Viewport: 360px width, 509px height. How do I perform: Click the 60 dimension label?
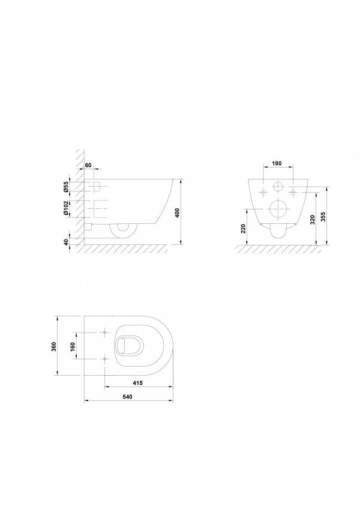[88, 165]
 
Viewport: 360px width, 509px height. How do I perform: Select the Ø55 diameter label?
[66, 187]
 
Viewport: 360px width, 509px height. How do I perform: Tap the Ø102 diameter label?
[66, 208]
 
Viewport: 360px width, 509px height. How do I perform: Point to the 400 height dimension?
[177, 212]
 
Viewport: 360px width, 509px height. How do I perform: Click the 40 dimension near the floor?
[66, 242]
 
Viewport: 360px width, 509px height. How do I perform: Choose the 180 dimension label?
[277, 163]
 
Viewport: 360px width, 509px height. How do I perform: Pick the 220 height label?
[243, 229]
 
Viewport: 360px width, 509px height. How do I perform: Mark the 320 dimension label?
[313, 220]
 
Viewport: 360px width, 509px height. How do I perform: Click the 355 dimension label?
[323, 217]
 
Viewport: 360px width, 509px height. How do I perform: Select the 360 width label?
[54, 346]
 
